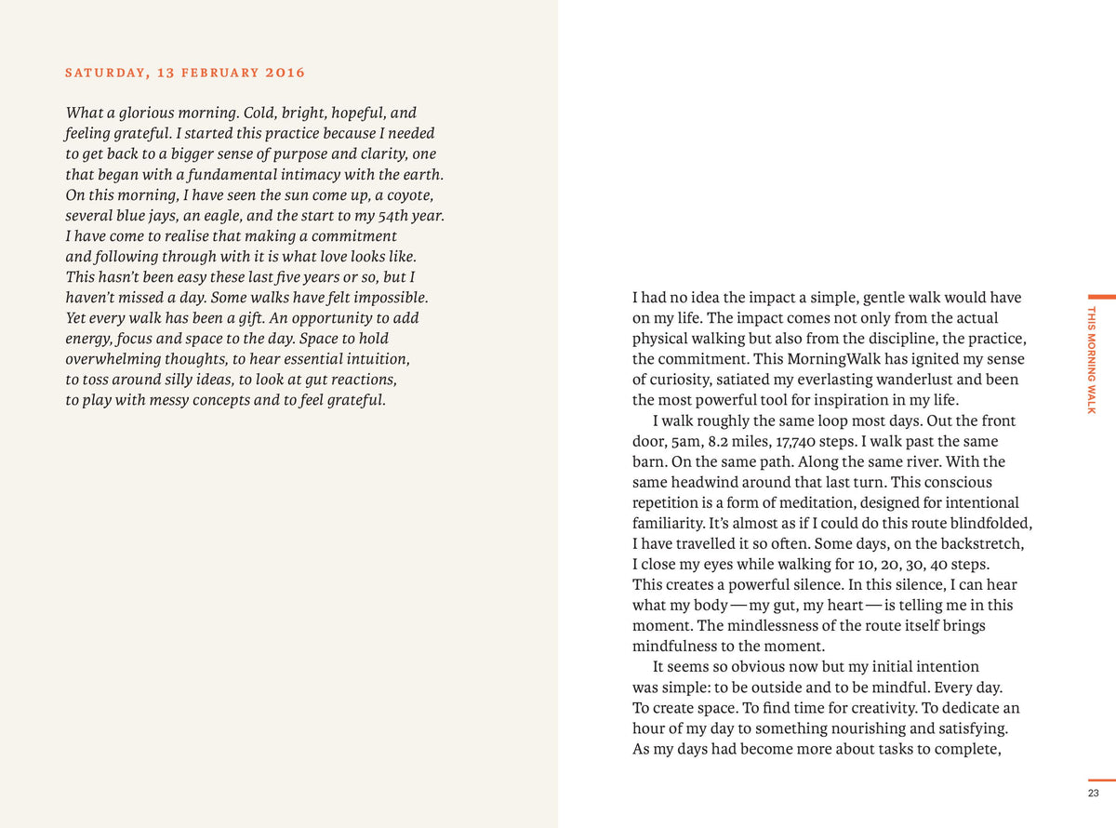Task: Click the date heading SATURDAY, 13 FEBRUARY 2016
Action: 185,73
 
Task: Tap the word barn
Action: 648,461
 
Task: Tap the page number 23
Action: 1093,794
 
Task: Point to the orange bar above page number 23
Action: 1101,780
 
